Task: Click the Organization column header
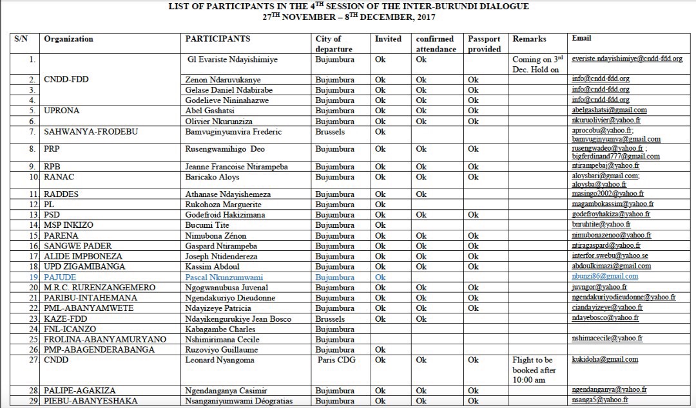tap(68, 39)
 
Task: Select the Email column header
tap(581, 39)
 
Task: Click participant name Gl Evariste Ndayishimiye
tap(232, 59)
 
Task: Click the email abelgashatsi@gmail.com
tap(609, 110)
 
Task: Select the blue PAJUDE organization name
tap(60, 277)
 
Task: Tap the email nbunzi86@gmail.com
tap(604, 277)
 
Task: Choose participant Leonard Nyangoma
tap(218, 360)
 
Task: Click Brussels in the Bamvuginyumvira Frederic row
tap(331, 132)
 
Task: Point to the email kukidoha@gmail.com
tap(604, 360)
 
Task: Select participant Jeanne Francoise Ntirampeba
tap(237, 167)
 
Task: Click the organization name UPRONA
tap(62, 111)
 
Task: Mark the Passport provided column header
tap(484, 44)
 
